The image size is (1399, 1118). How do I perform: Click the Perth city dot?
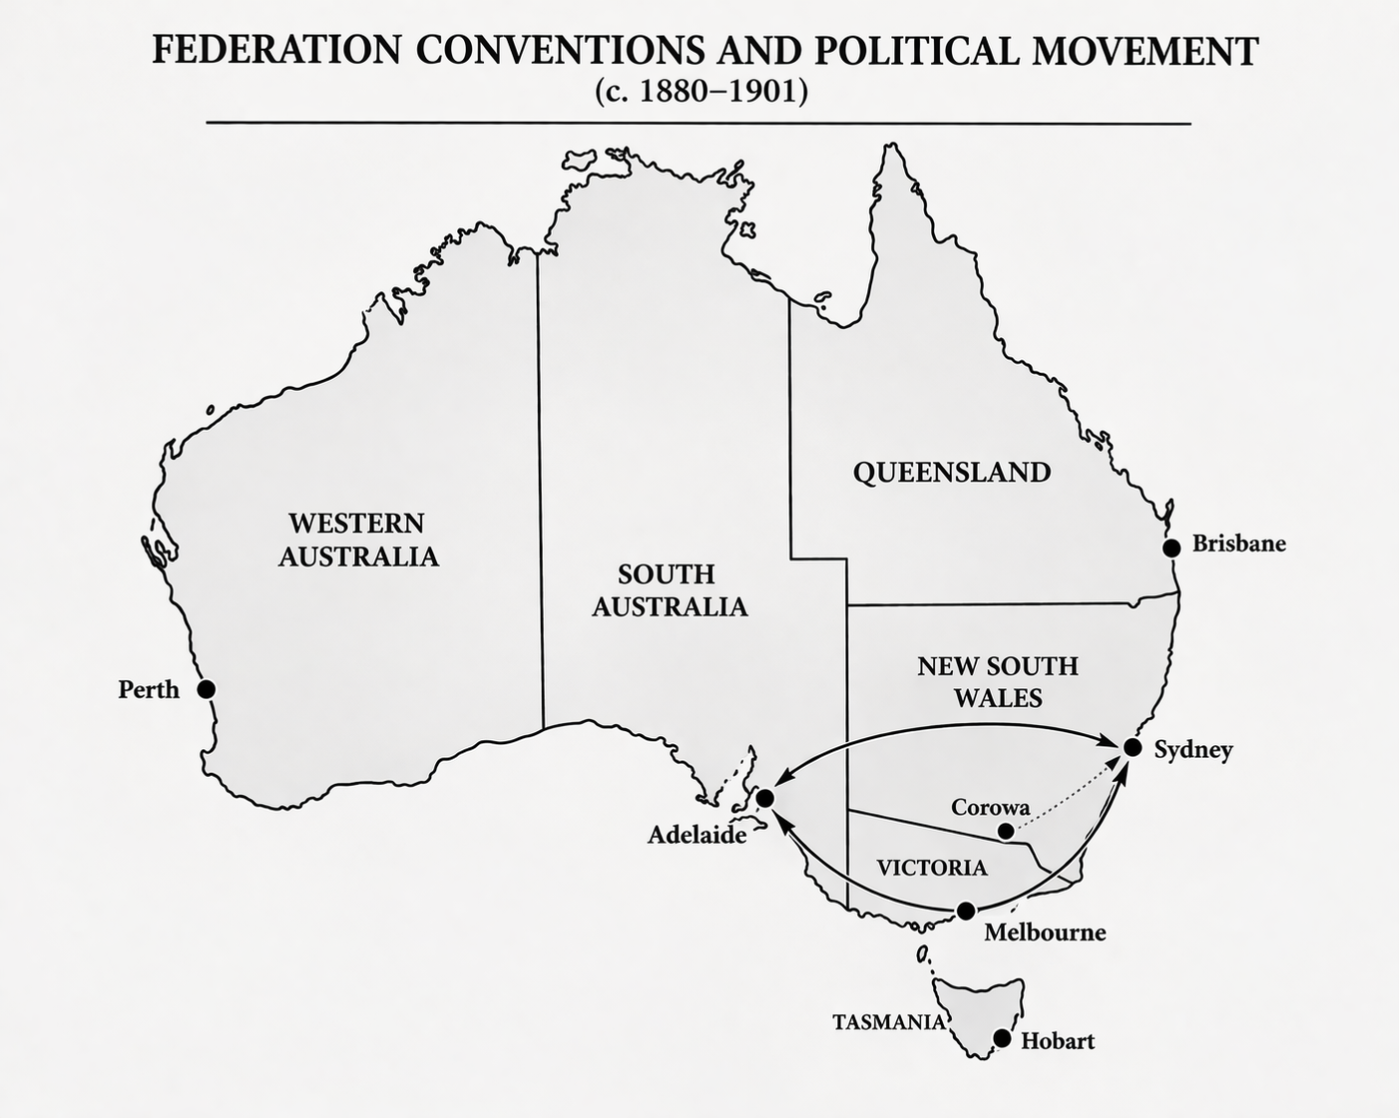click(206, 689)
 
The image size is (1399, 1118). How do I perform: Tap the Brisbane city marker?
click(1171, 547)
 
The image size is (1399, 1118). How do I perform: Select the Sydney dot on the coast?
click(1132, 747)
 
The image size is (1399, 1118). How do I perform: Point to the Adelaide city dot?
click(765, 798)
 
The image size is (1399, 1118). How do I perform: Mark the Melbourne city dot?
click(966, 911)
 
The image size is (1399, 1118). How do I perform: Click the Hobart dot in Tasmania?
click(1002, 1039)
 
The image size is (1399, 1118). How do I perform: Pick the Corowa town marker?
click(1007, 831)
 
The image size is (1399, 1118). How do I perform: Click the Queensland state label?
click(952, 472)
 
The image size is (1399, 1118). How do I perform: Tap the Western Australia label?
click(357, 540)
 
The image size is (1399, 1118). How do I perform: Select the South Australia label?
click(669, 590)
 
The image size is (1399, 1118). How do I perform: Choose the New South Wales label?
click(998, 681)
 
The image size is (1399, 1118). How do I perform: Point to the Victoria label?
click(932, 868)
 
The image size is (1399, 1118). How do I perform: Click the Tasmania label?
click(889, 1022)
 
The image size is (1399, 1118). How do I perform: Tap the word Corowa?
click(990, 807)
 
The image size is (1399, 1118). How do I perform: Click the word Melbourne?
click(1045, 932)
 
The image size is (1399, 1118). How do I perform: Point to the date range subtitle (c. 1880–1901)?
click(700, 91)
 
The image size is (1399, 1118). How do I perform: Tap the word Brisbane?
click(1238, 545)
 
